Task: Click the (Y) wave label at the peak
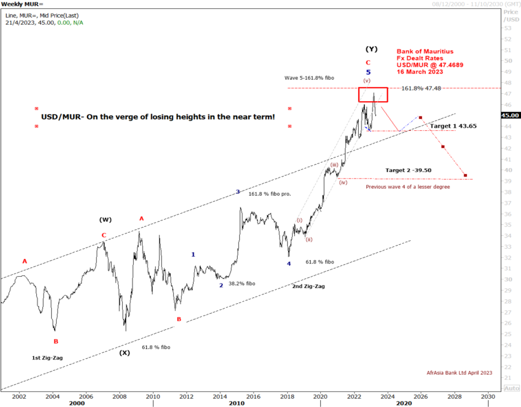(x=371, y=49)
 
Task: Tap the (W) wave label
(x=106, y=220)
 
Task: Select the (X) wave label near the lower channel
(x=125, y=353)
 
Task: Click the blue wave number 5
(x=368, y=72)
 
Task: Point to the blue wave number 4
(x=288, y=264)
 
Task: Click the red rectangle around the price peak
(x=373, y=95)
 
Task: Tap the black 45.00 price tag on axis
(x=510, y=115)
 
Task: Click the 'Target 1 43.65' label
(x=453, y=126)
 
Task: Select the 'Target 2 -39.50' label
(x=408, y=170)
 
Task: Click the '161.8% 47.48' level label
(x=421, y=88)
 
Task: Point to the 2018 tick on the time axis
(x=287, y=397)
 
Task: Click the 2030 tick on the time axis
(x=488, y=397)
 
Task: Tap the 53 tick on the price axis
(x=508, y=28)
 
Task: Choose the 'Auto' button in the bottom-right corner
(x=511, y=388)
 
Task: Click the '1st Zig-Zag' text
(x=47, y=358)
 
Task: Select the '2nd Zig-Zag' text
(x=309, y=286)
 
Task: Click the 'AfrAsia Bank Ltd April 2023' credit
(x=459, y=373)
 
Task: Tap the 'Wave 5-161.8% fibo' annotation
(x=309, y=78)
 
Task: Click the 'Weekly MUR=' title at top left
(x=22, y=4)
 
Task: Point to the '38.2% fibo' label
(x=242, y=284)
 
